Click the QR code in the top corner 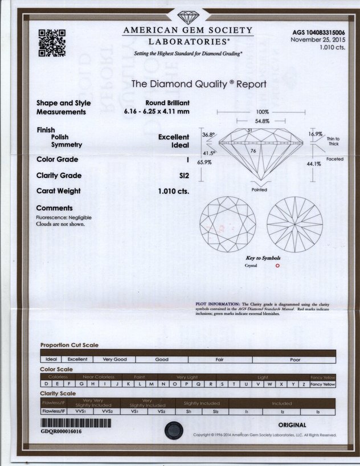(52, 43)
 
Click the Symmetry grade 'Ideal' (181, 145)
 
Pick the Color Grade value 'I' (187, 160)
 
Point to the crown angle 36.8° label (208, 135)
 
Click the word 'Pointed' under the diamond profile (259, 189)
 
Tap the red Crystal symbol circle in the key (277, 265)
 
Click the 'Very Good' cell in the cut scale (115, 359)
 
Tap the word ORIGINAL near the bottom (292, 425)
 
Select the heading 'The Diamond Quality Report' (199, 84)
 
